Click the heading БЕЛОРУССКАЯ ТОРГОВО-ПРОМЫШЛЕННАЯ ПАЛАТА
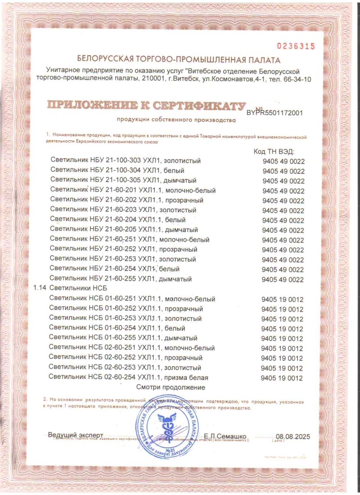(x=179, y=59)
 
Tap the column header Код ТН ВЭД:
(x=274, y=152)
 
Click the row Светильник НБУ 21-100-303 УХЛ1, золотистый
(x=126, y=161)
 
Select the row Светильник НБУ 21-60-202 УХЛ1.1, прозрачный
(x=127, y=200)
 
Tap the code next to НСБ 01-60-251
(x=282, y=299)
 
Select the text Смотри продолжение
(x=171, y=387)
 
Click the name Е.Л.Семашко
(x=225, y=436)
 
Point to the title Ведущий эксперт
(x=76, y=435)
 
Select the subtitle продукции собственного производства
(x=176, y=120)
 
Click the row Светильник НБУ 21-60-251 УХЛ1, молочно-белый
(x=130, y=240)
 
